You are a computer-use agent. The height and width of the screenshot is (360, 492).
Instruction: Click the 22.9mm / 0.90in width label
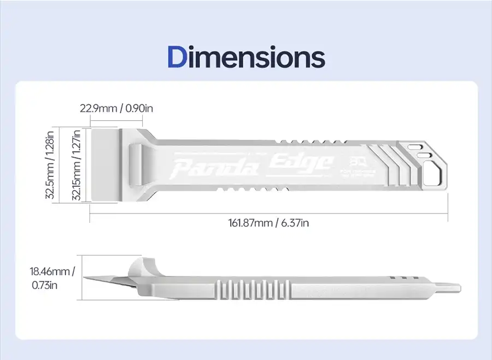pos(116,108)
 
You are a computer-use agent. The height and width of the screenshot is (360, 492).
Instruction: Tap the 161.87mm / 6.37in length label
pos(270,223)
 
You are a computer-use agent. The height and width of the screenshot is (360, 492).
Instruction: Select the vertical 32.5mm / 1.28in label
pos(50,164)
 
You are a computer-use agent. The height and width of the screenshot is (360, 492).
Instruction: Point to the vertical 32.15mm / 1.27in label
pos(77,164)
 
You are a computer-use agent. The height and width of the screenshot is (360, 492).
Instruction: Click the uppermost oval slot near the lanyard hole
pos(415,146)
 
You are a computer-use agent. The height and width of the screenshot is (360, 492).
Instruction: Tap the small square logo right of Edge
pos(351,162)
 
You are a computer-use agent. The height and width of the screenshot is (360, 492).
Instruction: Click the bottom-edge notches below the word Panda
pos(241,190)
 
